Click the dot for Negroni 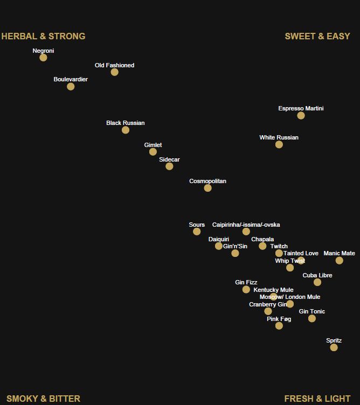point(43,58)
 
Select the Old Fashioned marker point(114,72)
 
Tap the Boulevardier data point point(71,86)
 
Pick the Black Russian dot point(126,130)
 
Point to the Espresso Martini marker point(301,115)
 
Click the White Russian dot point(279,144)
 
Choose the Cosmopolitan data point point(207,188)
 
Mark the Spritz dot point(334,347)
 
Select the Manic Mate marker point(339,261)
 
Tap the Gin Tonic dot point(311,318)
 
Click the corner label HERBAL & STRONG point(43,37)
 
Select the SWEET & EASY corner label point(317,37)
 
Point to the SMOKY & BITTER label point(43,399)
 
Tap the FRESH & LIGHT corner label point(317,399)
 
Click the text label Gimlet point(153,145)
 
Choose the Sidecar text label point(169,159)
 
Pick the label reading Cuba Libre point(317,275)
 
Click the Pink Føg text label point(279,319)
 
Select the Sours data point point(197,232)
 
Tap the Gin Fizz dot point(246,289)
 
